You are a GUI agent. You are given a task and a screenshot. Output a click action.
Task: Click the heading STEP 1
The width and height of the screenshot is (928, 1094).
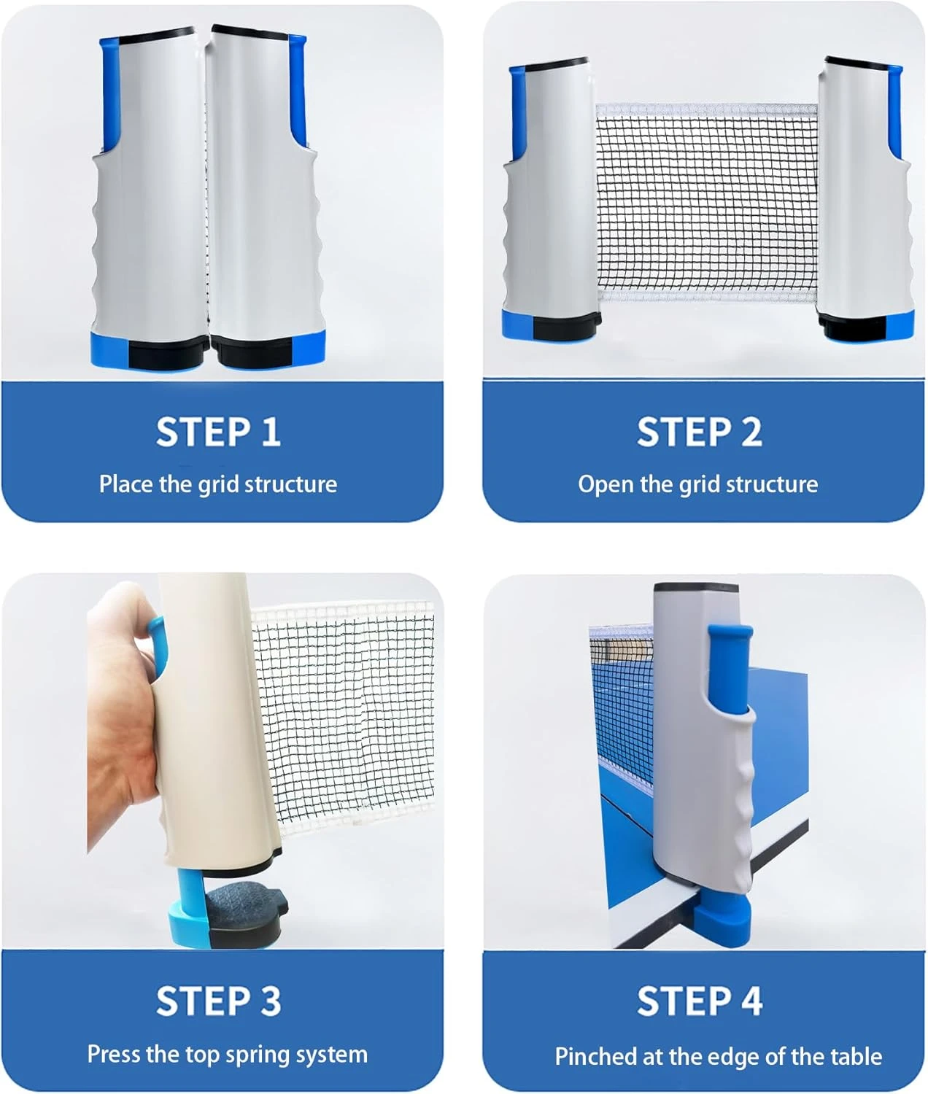coord(218,432)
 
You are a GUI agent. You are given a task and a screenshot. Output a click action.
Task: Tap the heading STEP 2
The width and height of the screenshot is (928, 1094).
coord(700,432)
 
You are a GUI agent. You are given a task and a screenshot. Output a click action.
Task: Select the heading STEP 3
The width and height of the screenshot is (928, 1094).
coord(218,1001)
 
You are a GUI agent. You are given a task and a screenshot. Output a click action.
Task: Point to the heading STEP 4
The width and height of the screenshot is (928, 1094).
coord(700,1001)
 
